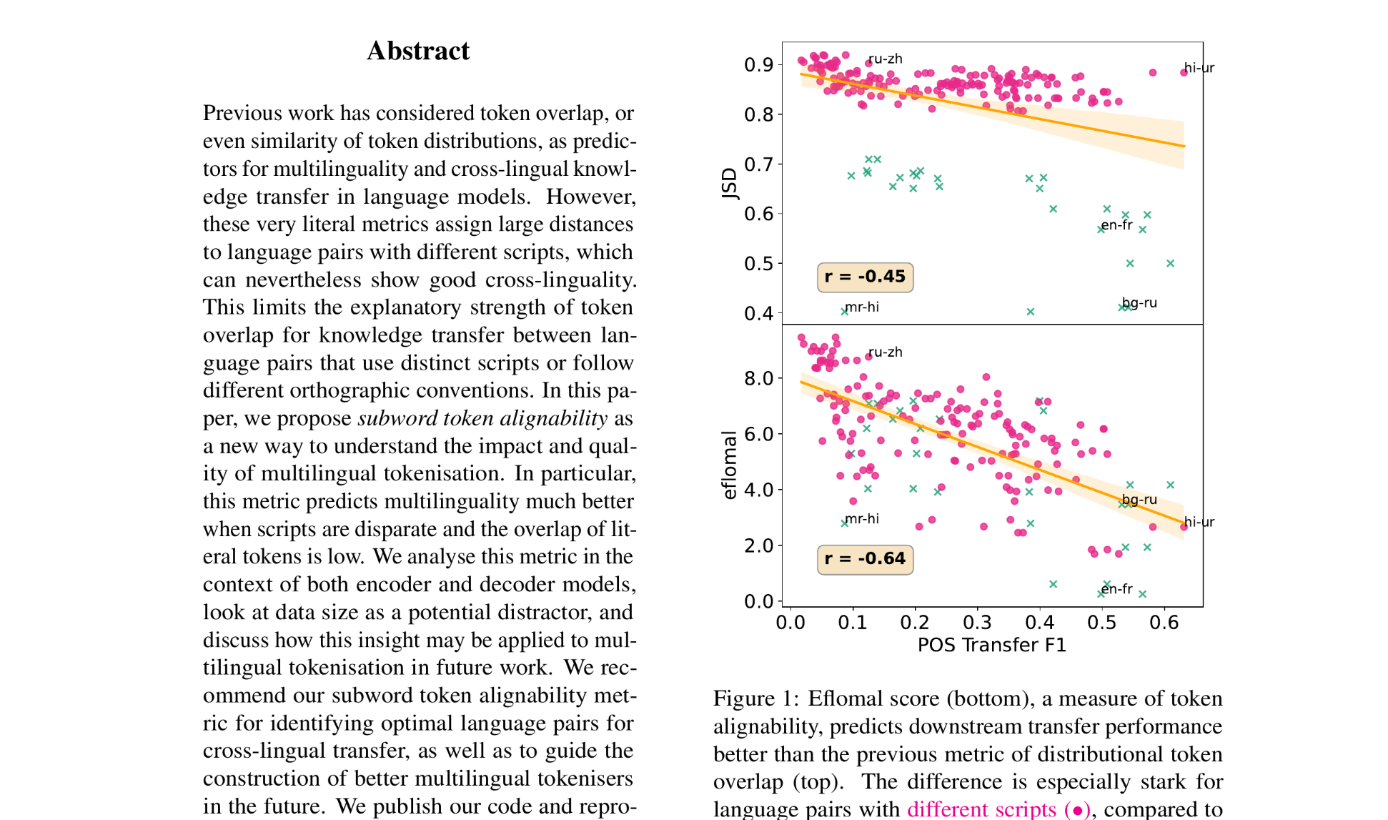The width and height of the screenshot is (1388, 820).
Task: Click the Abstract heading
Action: pos(418,51)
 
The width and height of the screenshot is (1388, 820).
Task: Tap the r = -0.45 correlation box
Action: pos(865,277)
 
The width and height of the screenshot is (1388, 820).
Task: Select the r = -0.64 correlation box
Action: pos(865,558)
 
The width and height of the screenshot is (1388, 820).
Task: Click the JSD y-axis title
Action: pos(729,184)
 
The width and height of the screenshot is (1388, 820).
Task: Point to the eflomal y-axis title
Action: pos(729,465)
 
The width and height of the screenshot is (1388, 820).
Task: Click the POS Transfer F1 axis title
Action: pos(992,645)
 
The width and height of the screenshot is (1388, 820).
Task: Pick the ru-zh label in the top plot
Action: pos(886,59)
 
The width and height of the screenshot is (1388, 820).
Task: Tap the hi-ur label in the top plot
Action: pos(1199,68)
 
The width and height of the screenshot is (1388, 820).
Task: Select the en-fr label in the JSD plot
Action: pos(1116,225)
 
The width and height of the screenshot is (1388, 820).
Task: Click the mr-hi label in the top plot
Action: pos(862,307)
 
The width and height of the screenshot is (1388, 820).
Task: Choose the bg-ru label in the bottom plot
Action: pos(1139,500)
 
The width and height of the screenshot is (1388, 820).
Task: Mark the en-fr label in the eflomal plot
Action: pos(1116,589)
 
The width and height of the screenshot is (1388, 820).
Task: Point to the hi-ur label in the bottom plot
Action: pos(1199,522)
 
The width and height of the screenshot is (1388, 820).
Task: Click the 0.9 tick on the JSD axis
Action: pos(758,65)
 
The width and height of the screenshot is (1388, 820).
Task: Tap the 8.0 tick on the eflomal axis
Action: pos(758,378)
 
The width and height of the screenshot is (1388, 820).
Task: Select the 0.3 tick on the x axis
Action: pos(977,623)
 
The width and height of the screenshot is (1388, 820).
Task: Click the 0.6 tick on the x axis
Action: pos(1164,623)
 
